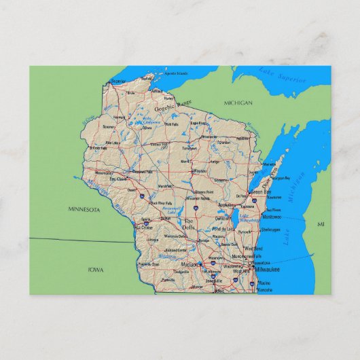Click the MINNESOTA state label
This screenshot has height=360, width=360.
click(x=84, y=209)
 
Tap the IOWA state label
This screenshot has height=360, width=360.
click(x=96, y=270)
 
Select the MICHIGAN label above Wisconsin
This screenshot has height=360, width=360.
click(x=238, y=103)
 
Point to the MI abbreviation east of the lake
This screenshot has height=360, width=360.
click(x=321, y=223)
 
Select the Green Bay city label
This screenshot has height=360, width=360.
click(x=259, y=192)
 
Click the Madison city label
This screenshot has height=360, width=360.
click(x=190, y=264)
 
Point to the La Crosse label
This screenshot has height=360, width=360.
click(x=147, y=227)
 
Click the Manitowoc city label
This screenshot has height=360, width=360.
click(x=273, y=217)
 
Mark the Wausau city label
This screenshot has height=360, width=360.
click(x=200, y=171)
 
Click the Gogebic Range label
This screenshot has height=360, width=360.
click(x=173, y=106)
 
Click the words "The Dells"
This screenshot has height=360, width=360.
click(x=188, y=224)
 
